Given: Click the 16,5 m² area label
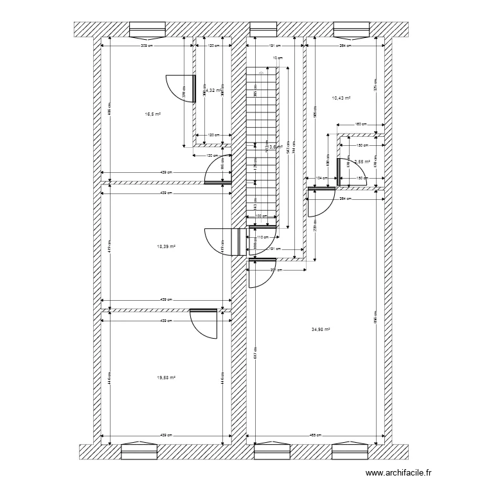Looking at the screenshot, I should click(x=152, y=114).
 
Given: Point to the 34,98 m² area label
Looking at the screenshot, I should click(x=320, y=330).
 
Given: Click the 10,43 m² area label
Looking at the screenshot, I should click(x=341, y=98).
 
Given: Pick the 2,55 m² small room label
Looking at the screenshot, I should click(x=362, y=162).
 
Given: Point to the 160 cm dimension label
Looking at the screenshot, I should click(x=361, y=124).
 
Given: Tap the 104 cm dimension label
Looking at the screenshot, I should click(x=320, y=177).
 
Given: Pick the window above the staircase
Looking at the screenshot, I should click(x=262, y=29).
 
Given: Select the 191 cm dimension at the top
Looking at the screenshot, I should click(x=272, y=46).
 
